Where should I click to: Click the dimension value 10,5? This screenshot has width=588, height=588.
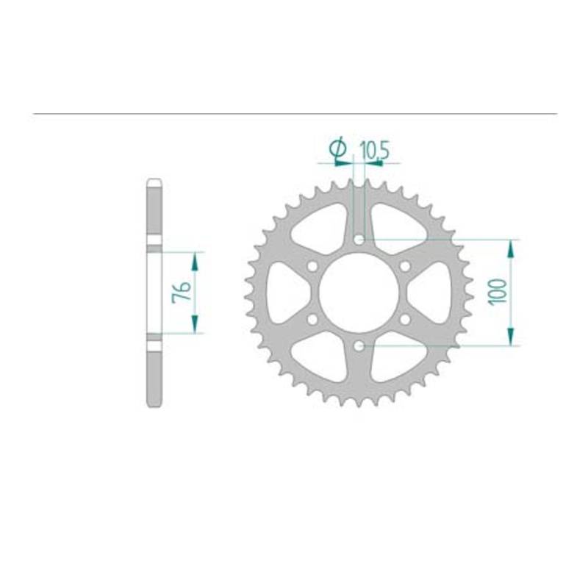[x=375, y=151]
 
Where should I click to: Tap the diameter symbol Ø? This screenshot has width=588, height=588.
[x=337, y=149]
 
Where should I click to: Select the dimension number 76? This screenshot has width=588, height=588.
[x=182, y=293]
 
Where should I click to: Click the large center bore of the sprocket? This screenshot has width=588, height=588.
[x=359, y=293]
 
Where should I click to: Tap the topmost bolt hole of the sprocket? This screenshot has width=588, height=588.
[x=359, y=240]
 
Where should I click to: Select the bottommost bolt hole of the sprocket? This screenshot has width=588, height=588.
[x=359, y=346]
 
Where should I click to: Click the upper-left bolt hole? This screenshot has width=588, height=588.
[x=312, y=266]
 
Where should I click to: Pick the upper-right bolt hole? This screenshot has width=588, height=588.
[x=406, y=266]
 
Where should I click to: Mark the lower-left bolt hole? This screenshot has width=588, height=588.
[x=312, y=320]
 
